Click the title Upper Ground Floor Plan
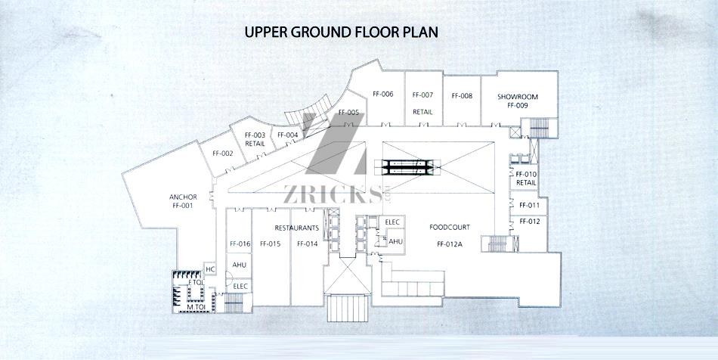coord(341,32)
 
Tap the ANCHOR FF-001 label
coord(183,201)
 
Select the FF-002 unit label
coord(222,154)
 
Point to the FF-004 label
coord(287,135)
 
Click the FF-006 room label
coord(383,95)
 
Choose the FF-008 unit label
coord(462,96)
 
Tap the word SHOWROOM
coord(518,97)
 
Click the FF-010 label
coord(526,175)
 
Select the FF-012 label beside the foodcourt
coord(530,222)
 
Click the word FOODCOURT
coord(450,227)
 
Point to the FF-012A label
coord(450,244)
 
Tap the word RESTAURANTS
coord(297,228)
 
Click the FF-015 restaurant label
coord(270,244)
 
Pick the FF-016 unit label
coord(240,244)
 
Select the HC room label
coord(210,268)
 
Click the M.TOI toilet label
coord(195,306)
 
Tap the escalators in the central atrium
coord(407,166)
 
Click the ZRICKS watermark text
coord(333,194)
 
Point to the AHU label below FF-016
coord(239,265)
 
